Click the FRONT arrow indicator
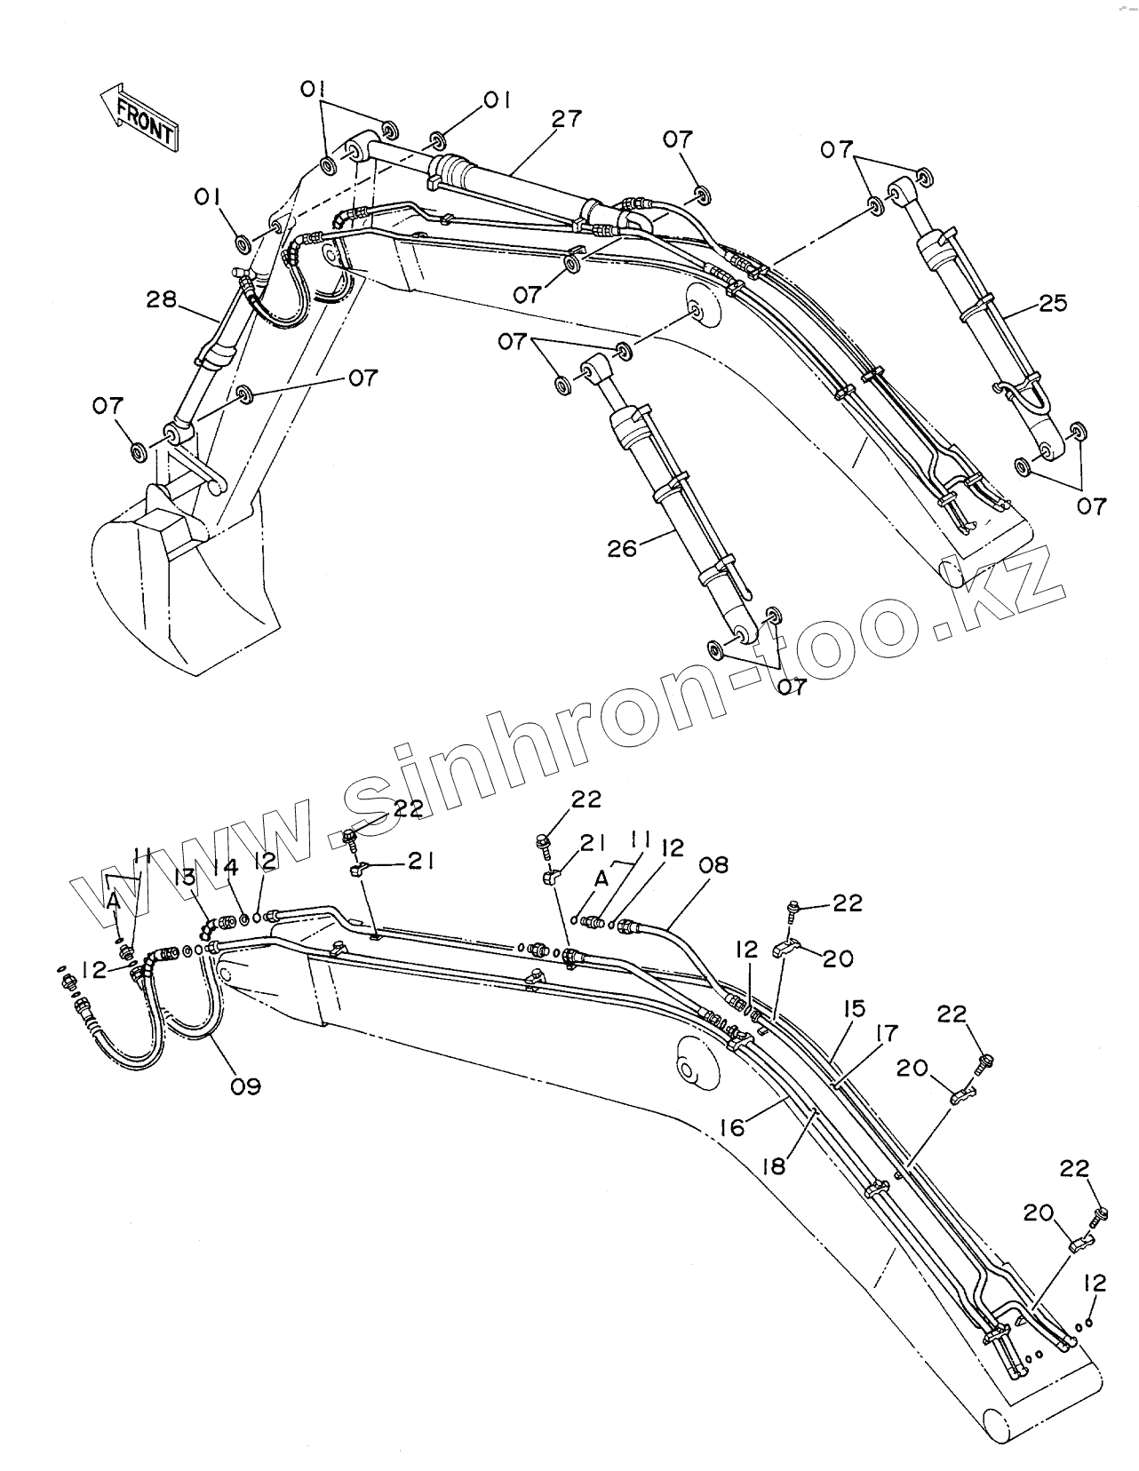coord(139,115)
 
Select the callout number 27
coord(566,120)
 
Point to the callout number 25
coord(1053,304)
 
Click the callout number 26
coord(623,549)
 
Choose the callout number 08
coord(713,864)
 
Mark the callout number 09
coord(246,1085)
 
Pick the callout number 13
coord(185,879)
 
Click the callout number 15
coord(855,1010)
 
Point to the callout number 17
coord(886,1034)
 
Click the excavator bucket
coord(178,586)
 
